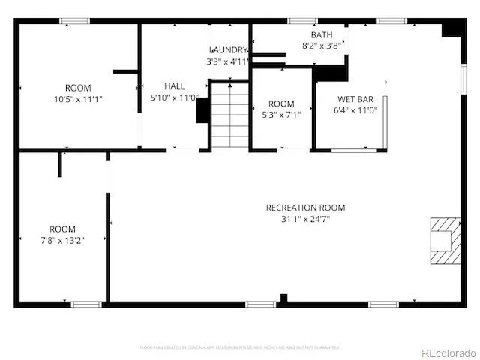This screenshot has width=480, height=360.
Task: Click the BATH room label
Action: pos(322,35)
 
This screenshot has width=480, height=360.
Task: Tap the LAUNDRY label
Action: pos(228,50)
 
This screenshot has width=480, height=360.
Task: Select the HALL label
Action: pos(175,86)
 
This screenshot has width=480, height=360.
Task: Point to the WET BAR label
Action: pos(355,99)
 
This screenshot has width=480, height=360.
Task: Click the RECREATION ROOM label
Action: pos(305,208)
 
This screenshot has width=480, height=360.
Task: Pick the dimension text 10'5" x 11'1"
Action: pos(78,98)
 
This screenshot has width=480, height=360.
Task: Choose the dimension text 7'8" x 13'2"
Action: pos(63,240)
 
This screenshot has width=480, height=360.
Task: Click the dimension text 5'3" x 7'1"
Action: pos(281,115)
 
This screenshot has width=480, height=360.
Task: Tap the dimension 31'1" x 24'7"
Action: pos(305,219)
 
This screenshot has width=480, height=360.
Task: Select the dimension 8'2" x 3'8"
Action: pos(322,46)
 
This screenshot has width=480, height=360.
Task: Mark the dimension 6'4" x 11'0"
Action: pos(355,109)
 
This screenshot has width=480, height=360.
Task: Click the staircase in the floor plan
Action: pos(229,115)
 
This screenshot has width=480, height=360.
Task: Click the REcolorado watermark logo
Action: pos(448,352)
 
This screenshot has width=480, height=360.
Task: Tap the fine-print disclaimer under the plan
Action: pos(239,347)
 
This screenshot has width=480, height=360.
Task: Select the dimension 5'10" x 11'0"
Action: pos(174,97)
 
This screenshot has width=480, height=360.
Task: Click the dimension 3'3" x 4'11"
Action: pos(228,61)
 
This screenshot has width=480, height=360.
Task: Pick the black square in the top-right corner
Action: pos(452,28)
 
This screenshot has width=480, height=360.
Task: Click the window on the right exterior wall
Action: pos(463,77)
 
